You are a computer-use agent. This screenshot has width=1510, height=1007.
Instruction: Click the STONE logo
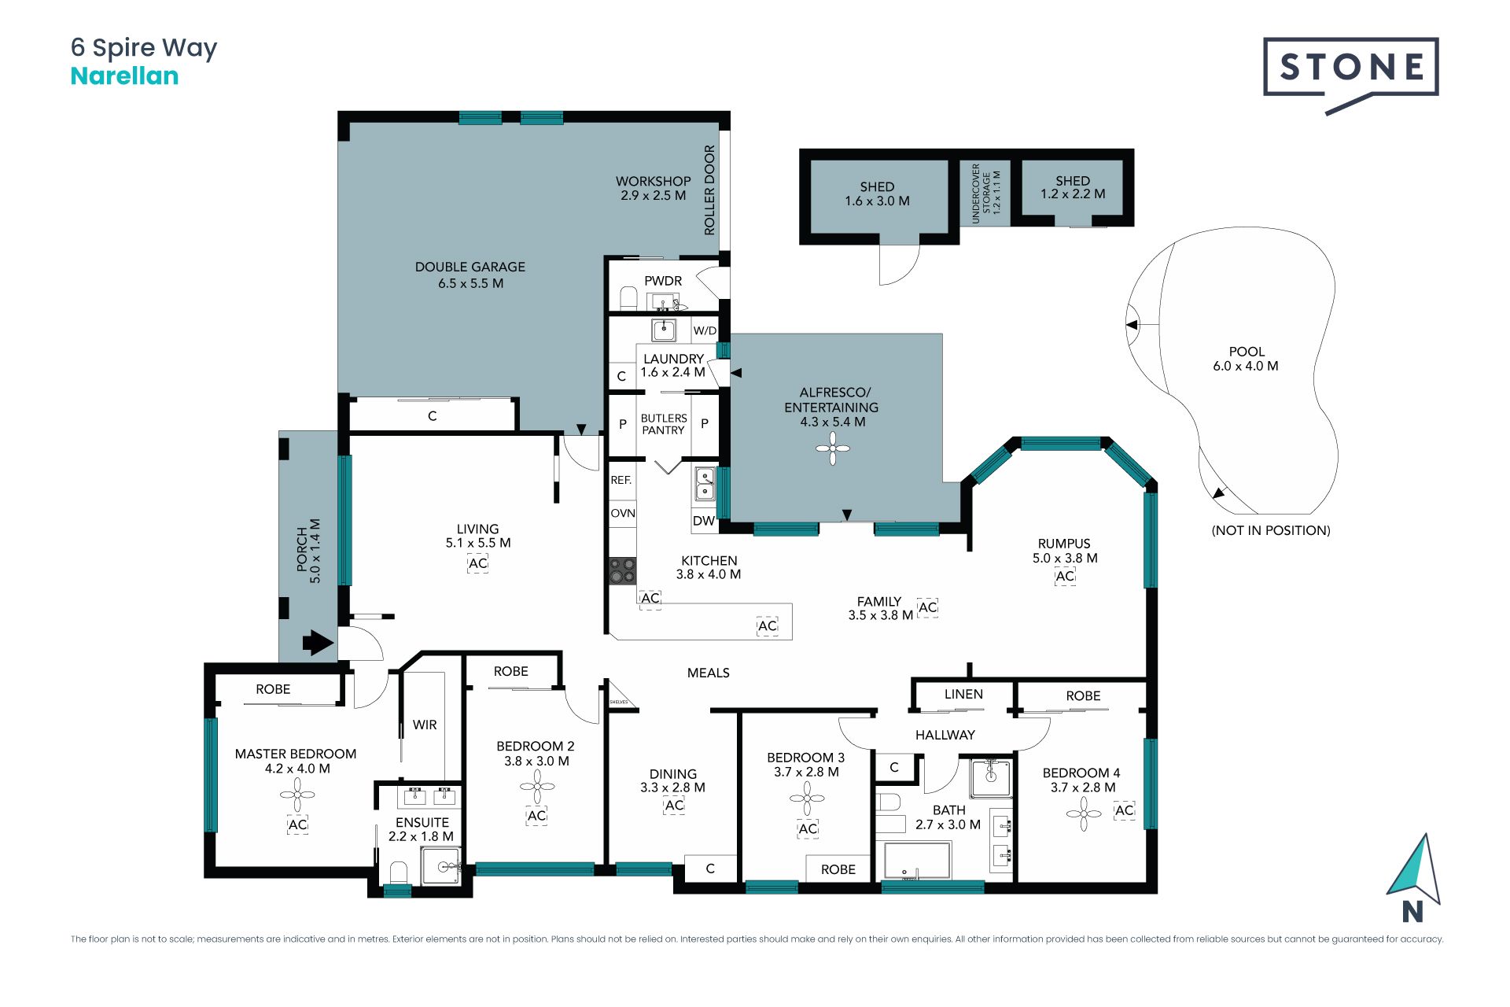click(1351, 75)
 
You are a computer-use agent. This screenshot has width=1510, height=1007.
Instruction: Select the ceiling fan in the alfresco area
click(833, 449)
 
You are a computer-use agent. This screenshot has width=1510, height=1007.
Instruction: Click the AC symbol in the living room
click(478, 563)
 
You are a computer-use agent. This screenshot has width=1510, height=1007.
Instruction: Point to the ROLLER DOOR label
click(709, 190)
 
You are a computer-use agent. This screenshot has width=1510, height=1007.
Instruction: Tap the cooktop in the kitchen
click(623, 570)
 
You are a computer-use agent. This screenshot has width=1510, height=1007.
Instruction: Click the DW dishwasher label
click(704, 521)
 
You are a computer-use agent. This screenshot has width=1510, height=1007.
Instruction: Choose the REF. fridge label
click(621, 480)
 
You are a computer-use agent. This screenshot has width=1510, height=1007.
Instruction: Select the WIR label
click(425, 725)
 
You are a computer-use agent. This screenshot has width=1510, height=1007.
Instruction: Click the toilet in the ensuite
click(399, 872)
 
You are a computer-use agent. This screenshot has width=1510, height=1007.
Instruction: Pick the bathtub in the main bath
click(917, 861)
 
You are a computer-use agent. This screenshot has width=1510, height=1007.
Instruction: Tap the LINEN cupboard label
click(963, 694)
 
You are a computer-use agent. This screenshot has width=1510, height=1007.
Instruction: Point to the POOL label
click(1247, 352)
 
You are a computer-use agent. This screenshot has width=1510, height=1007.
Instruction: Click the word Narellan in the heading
click(124, 76)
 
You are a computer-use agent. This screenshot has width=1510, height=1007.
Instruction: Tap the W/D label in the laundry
click(705, 330)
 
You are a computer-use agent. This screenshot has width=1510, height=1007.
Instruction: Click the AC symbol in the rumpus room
click(1065, 576)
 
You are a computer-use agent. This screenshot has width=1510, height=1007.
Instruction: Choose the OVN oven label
click(623, 513)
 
